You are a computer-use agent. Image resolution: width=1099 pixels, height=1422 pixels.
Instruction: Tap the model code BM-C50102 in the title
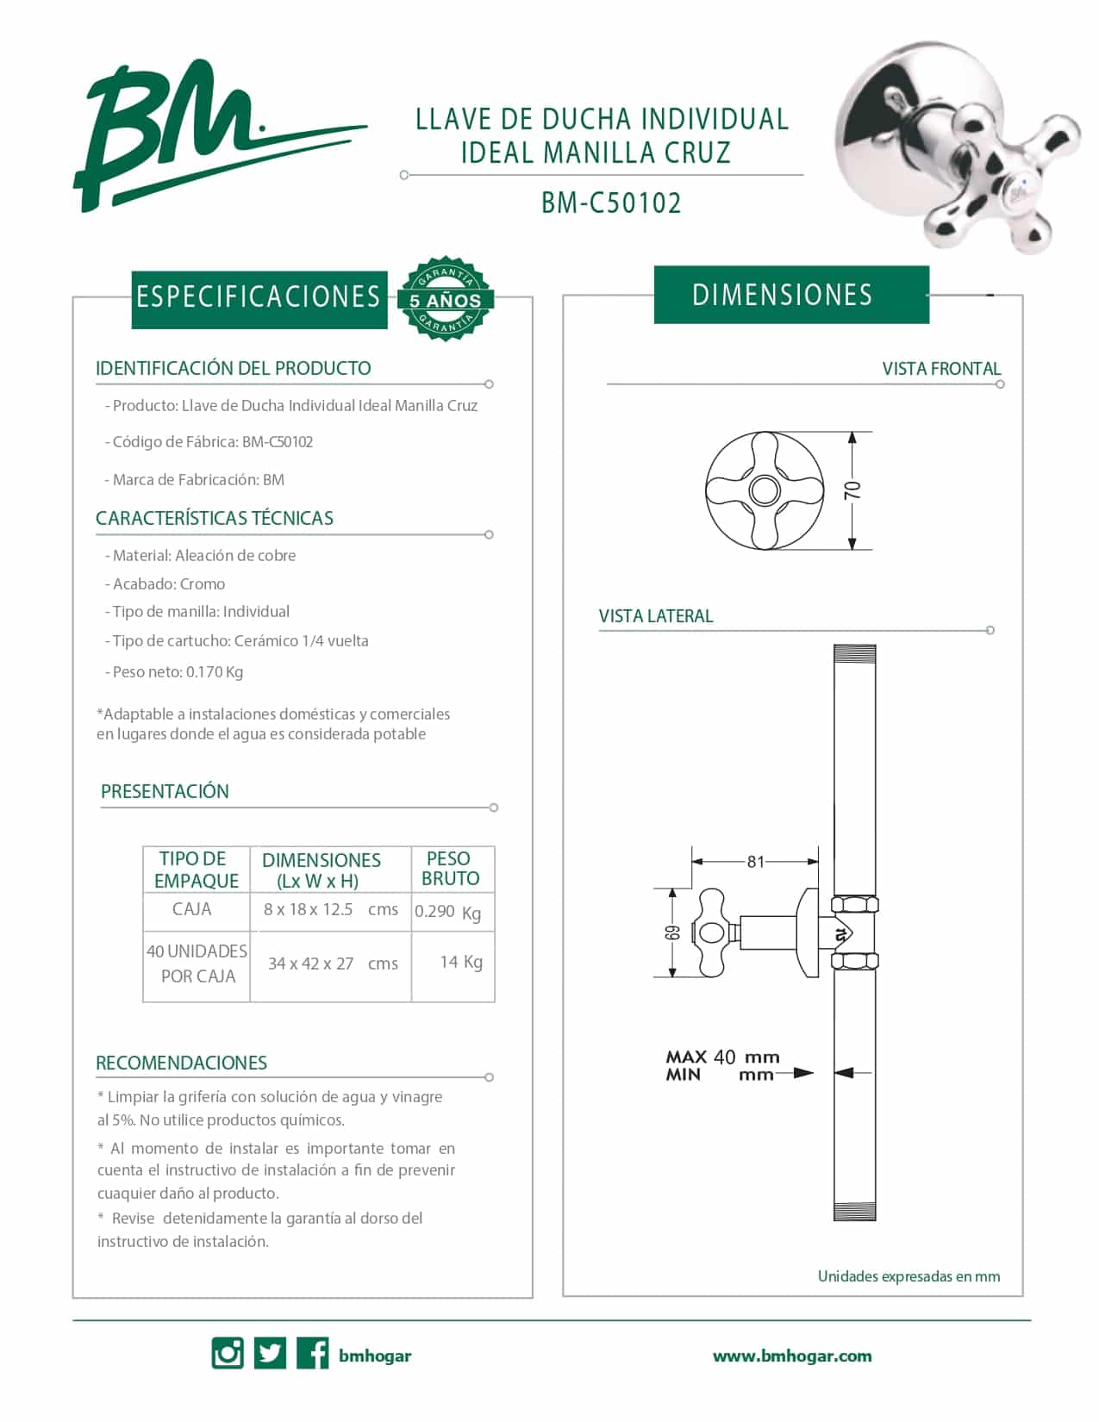click(611, 203)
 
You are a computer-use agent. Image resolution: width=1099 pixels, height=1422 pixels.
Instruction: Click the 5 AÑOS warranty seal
click(445, 298)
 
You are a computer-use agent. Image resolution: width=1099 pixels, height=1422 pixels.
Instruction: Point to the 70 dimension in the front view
click(852, 490)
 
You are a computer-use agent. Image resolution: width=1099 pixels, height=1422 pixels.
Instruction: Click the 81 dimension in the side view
click(755, 861)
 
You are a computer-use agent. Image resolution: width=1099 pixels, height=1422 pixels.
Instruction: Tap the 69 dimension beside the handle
click(673, 933)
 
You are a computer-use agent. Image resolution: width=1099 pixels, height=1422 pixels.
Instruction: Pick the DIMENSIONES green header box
click(790, 295)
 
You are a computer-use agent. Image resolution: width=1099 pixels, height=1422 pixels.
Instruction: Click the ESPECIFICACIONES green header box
click(259, 298)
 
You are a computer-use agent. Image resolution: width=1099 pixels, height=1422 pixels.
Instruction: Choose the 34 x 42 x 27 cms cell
click(332, 964)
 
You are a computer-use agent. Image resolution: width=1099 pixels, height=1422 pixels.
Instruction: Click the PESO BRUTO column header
click(450, 869)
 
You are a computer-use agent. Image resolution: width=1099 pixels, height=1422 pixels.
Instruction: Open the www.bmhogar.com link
click(791, 1356)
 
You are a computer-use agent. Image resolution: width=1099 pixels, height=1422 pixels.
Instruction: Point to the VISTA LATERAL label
click(656, 616)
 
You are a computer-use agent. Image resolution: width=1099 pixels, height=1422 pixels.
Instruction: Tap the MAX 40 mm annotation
click(722, 1057)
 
